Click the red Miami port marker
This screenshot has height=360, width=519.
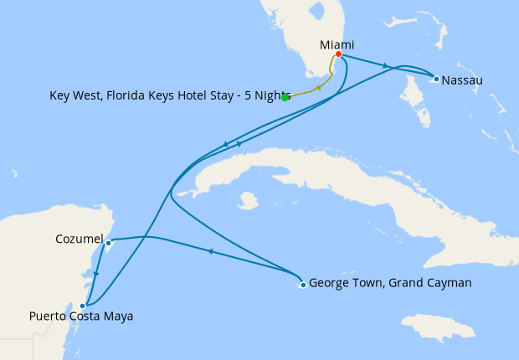click(x=338, y=54)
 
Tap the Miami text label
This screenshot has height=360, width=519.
click(x=337, y=44)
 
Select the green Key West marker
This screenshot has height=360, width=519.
click(x=285, y=98)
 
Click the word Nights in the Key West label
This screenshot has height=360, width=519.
click(x=273, y=95)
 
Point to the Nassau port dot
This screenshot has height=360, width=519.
click(x=436, y=79)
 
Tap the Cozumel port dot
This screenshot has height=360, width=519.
click(x=109, y=244)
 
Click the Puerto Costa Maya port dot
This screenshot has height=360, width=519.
click(x=82, y=306)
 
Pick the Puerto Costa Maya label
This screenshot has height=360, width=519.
click(x=80, y=316)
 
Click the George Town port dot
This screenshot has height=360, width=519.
click(x=303, y=285)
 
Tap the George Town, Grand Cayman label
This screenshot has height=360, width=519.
click(x=390, y=283)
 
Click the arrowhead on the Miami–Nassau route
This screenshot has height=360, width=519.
click(x=385, y=65)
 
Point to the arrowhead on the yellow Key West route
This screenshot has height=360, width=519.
click(x=317, y=88)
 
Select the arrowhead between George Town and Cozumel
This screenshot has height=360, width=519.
click(x=210, y=251)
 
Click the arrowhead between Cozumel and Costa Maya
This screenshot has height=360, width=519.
click(x=96, y=274)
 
